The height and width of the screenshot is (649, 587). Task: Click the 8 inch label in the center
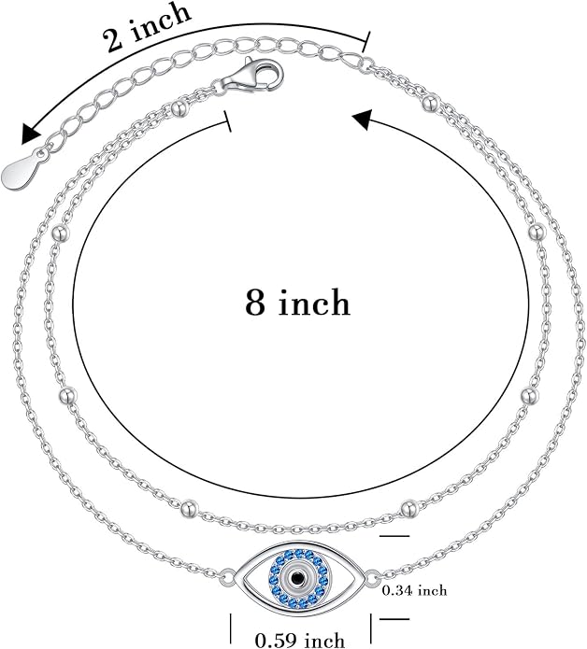tap(297, 303)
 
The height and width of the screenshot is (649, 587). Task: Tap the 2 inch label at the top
tap(147, 26)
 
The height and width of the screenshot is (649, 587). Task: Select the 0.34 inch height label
tap(414, 590)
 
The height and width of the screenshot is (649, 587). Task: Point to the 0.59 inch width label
tap(300, 640)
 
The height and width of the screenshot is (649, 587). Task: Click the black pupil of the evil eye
tap(296, 577)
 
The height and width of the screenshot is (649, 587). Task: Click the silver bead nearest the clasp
tap(179, 108)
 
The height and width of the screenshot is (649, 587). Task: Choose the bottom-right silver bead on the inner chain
tap(408, 508)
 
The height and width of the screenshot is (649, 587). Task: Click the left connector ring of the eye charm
tap(227, 575)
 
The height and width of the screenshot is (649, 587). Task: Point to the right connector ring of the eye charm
tap(372, 576)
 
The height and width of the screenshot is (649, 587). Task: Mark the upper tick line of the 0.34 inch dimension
tap(394, 536)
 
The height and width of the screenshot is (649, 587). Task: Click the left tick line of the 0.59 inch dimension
tap(231, 627)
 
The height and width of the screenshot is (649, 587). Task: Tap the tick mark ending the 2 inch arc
tap(366, 42)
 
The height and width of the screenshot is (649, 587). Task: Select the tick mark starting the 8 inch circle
tap(227, 121)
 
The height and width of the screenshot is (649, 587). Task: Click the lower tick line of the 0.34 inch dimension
tap(394, 619)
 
